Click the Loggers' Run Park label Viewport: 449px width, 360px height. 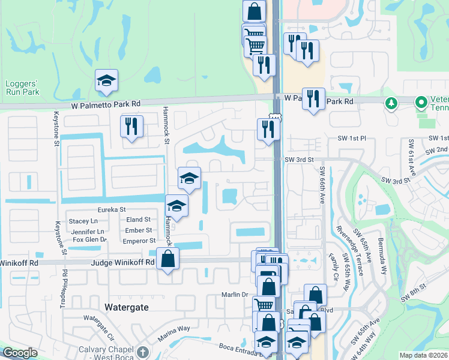[x=22, y=88]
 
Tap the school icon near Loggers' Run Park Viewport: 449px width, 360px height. [x=106, y=81]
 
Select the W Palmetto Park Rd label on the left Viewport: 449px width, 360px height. [x=105, y=104]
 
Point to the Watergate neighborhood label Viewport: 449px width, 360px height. [x=126, y=307]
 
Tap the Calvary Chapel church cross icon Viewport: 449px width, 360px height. [x=142, y=352]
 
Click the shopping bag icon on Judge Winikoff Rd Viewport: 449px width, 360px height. [x=168, y=259]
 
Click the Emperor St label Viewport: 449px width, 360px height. [x=139, y=241]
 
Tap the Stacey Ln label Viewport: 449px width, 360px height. [x=83, y=221]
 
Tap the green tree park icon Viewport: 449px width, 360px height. [x=391, y=103]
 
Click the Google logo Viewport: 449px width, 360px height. [x=20, y=353]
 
